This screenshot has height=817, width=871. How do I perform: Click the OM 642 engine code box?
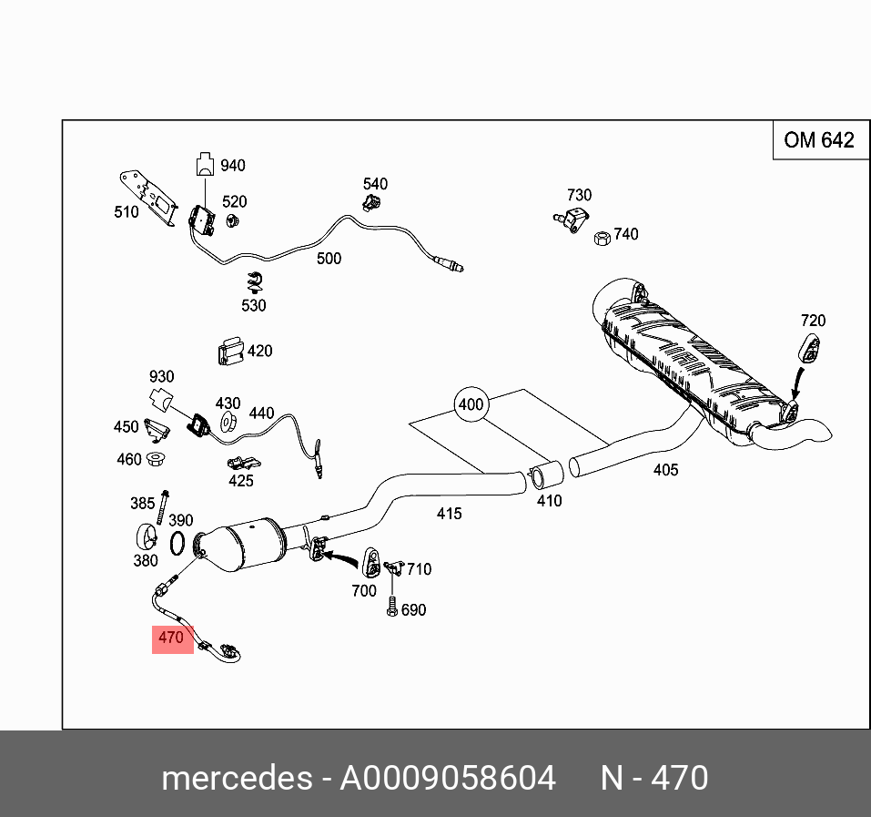(x=819, y=140)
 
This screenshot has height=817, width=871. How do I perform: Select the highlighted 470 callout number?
(x=171, y=638)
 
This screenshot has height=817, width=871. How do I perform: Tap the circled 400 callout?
(x=471, y=403)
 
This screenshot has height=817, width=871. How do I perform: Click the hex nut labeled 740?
(x=601, y=238)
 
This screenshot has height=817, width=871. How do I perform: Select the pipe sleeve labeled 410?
(x=546, y=475)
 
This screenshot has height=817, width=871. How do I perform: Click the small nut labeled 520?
(x=231, y=220)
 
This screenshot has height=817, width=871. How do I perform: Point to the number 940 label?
(x=232, y=166)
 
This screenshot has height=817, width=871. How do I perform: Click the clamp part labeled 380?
(x=146, y=537)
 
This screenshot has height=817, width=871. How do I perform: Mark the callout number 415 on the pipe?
(x=449, y=514)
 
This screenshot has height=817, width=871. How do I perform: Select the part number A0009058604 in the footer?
(x=447, y=778)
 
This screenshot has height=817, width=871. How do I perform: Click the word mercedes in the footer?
(x=236, y=778)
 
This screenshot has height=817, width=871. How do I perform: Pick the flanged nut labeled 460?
(x=157, y=458)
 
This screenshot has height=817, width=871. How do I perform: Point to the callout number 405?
(x=665, y=470)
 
